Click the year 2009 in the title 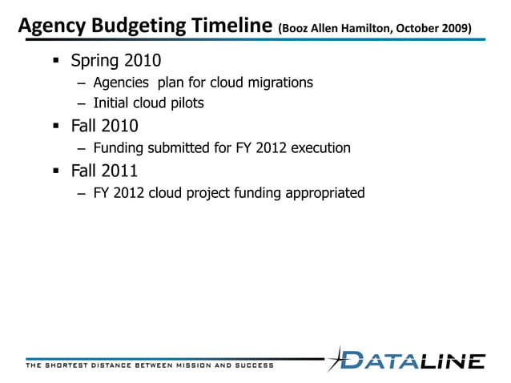[454, 30]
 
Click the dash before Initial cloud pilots [81, 103]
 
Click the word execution [321, 148]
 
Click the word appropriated [325, 192]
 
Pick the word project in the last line [216, 192]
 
